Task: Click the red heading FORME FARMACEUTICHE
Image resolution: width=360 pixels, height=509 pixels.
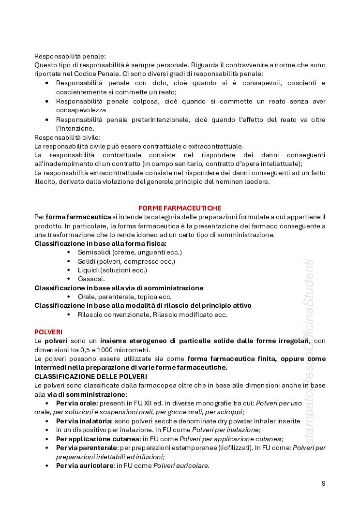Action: (x=180, y=208)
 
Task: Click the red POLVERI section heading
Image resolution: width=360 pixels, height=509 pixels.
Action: (x=48, y=332)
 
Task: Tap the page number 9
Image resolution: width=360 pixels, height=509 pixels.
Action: (x=323, y=483)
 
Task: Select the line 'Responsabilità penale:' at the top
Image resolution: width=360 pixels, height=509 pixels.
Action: (x=70, y=56)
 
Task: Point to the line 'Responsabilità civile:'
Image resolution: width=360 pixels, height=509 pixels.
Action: (x=67, y=137)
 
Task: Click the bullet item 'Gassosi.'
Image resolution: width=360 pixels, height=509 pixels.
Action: (x=91, y=279)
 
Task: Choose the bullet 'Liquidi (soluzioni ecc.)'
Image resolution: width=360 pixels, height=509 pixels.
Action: (x=112, y=270)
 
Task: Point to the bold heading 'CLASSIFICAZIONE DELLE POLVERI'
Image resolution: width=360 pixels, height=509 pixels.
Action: (x=90, y=376)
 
